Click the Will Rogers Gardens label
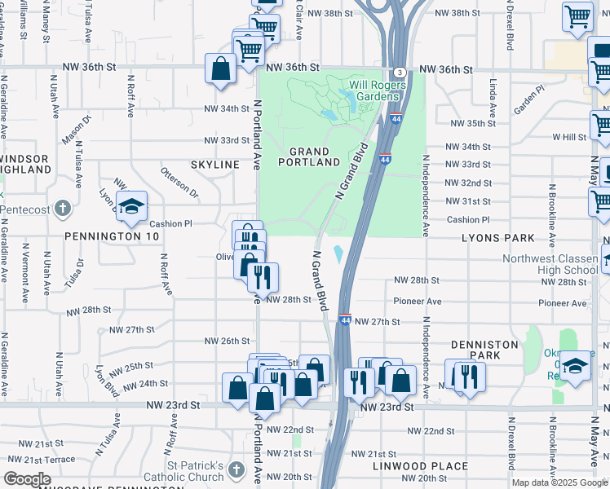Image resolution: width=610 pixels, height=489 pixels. click(378, 90)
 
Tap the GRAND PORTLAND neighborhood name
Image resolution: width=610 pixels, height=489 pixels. click(309, 157)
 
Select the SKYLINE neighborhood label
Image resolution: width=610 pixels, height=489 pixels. click(214, 165)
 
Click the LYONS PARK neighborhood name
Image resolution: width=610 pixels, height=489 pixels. click(497, 238)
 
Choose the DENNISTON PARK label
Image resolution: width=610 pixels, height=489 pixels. click(484, 350)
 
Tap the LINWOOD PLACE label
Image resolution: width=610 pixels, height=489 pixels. click(420, 466)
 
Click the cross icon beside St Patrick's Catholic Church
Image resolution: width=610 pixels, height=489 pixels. click(236, 469)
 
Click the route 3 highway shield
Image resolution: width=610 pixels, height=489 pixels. click(399, 73)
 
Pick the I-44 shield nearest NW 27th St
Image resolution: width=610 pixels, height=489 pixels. click(344, 321)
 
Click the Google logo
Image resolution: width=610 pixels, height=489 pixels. click(27, 479)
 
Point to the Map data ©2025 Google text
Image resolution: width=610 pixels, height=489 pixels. click(559, 482)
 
